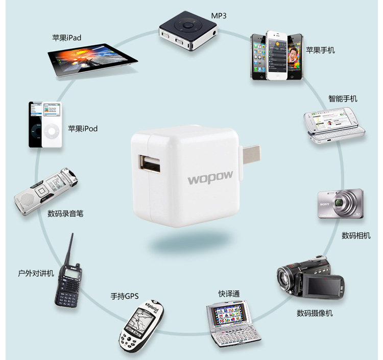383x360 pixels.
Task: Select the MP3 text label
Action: coord(218,16)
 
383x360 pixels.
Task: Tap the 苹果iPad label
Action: coord(66,38)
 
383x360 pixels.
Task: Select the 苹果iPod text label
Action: coord(82,129)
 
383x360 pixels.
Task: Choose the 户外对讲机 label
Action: coord(35,273)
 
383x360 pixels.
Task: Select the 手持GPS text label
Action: coord(125,296)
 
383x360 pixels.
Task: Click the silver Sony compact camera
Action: coord(341,204)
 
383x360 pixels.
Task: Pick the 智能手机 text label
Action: coord(343,99)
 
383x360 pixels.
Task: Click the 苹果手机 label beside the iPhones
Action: coord(320,50)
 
